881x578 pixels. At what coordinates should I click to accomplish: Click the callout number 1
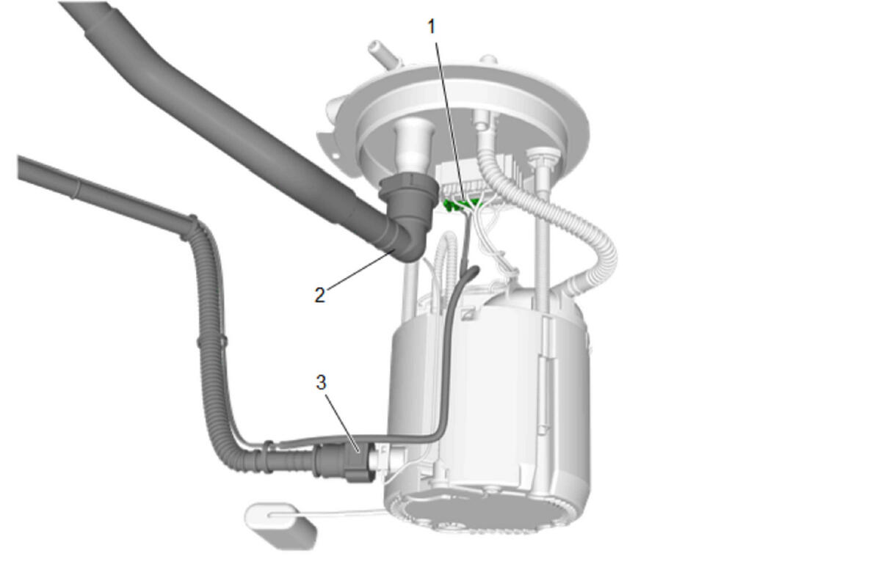pyautogui.click(x=432, y=27)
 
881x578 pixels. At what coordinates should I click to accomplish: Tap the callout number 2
pyautogui.click(x=320, y=295)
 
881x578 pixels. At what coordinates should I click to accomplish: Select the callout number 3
pyautogui.click(x=321, y=382)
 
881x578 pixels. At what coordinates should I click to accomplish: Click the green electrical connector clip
pyautogui.click(x=460, y=205)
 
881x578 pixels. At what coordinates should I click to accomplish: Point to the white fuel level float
pyautogui.click(x=281, y=526)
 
